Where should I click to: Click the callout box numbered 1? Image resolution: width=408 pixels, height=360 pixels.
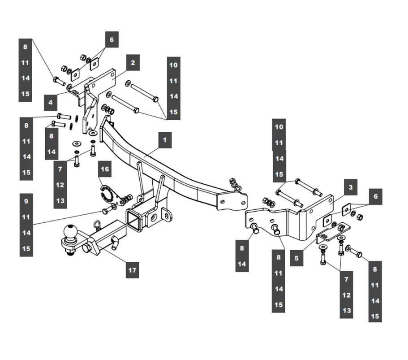pyautogui.click(x=165, y=140)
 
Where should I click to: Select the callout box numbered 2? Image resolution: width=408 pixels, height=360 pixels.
pyautogui.click(x=133, y=62)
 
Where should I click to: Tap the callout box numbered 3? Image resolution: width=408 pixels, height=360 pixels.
pyautogui.click(x=351, y=187)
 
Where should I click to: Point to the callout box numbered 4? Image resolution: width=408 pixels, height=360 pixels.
pyautogui.click(x=51, y=102)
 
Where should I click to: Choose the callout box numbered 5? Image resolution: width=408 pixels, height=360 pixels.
pyautogui.click(x=296, y=258)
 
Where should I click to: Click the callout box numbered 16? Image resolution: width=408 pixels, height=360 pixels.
pyautogui.click(x=105, y=169)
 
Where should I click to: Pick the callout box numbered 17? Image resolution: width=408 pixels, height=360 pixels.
pyautogui.click(x=133, y=270)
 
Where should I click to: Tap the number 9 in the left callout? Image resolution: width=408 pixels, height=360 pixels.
pyautogui.click(x=26, y=201)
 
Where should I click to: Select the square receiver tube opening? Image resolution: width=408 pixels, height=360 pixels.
pyautogui.click(x=133, y=219)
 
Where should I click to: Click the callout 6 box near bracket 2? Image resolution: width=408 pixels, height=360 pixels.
pyautogui.click(x=112, y=39)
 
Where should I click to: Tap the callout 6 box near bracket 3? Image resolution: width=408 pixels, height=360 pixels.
pyautogui.click(x=376, y=197)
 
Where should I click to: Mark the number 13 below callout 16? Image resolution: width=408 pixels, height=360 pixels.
pyautogui.click(x=60, y=201)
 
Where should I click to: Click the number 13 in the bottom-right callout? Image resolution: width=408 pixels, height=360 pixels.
pyautogui.click(x=347, y=311)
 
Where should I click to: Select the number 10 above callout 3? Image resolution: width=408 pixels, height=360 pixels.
pyautogui.click(x=279, y=127)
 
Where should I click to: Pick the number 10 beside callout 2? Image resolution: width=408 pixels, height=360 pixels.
pyautogui.click(x=174, y=65)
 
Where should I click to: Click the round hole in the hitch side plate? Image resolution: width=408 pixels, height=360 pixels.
pyautogui.click(x=154, y=217)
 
